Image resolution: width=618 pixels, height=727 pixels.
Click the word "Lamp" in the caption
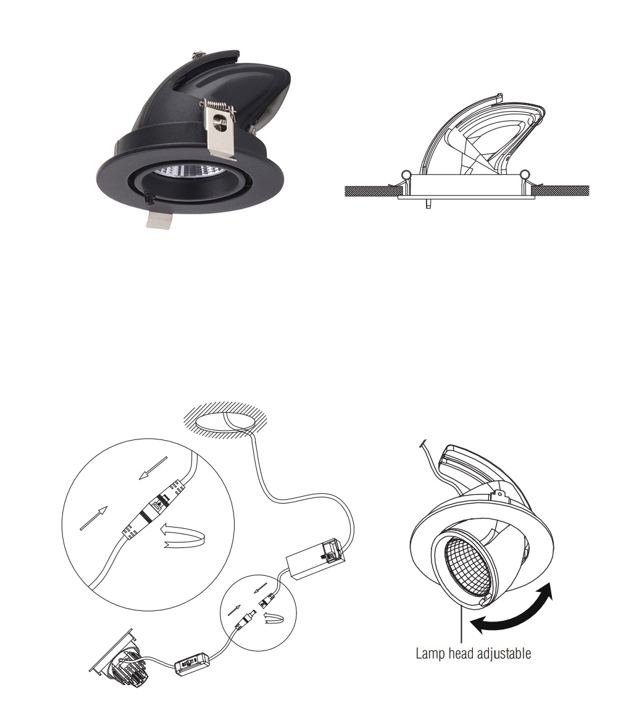430,654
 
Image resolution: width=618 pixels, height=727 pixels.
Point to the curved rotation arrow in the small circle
272,617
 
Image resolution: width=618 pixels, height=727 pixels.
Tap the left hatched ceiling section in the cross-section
365,190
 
